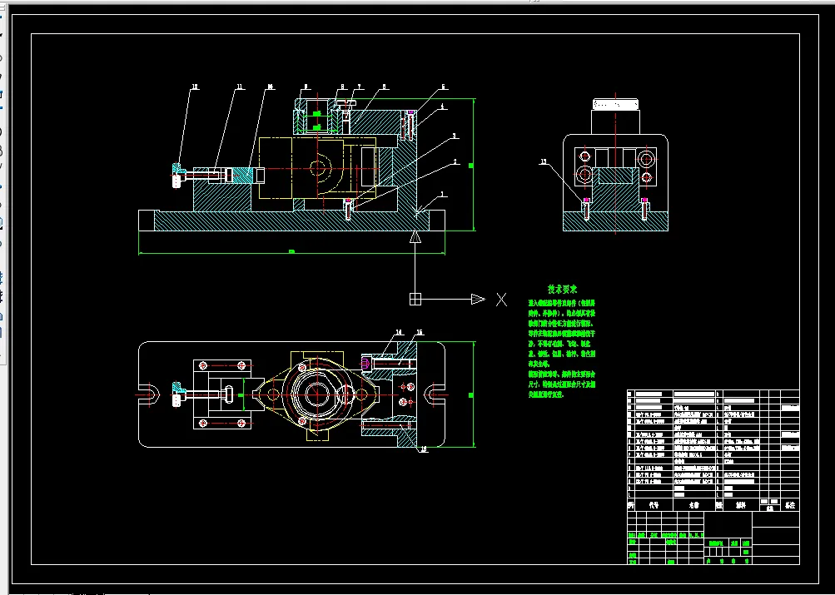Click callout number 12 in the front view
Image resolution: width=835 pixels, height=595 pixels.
[x=196, y=86]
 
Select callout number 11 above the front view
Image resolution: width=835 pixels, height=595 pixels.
[x=239, y=86]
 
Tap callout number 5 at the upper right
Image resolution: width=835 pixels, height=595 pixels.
[x=444, y=86]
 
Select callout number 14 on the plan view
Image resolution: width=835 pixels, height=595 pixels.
[x=398, y=332]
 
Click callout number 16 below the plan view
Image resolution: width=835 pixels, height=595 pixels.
[x=424, y=449]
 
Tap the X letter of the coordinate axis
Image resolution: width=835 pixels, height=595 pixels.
[x=501, y=300]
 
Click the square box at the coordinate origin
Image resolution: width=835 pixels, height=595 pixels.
[x=416, y=300]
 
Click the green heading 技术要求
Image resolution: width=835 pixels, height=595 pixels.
[x=562, y=290]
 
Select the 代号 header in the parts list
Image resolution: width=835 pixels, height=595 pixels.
[x=654, y=504]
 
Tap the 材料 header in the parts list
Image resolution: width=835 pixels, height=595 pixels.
[x=739, y=504]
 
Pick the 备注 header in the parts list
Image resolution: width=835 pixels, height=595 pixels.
[x=790, y=504]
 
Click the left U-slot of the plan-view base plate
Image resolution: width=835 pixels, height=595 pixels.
[x=149, y=394]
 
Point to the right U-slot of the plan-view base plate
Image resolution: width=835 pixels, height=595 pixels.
[x=435, y=394]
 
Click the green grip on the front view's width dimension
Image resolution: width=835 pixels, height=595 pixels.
[x=291, y=250]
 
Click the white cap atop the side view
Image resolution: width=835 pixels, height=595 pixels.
[x=617, y=104]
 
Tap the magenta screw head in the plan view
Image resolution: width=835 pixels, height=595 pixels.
[x=367, y=363]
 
